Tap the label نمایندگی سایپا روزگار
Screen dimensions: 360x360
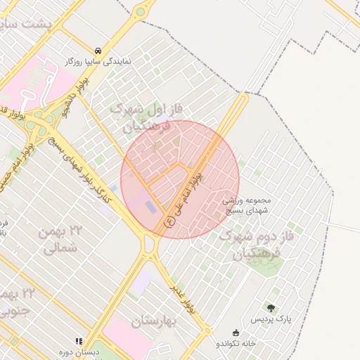(100, 62)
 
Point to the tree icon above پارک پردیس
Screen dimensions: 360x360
(271, 308)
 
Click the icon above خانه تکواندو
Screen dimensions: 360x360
(236, 333)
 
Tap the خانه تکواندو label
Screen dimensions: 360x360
(235, 344)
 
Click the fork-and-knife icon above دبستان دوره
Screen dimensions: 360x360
(79, 341)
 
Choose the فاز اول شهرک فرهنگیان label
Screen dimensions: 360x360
(147, 118)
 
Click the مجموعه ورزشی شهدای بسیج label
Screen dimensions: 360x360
(247, 206)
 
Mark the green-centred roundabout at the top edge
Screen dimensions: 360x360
(141, 12)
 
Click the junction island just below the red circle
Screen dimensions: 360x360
(149, 245)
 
